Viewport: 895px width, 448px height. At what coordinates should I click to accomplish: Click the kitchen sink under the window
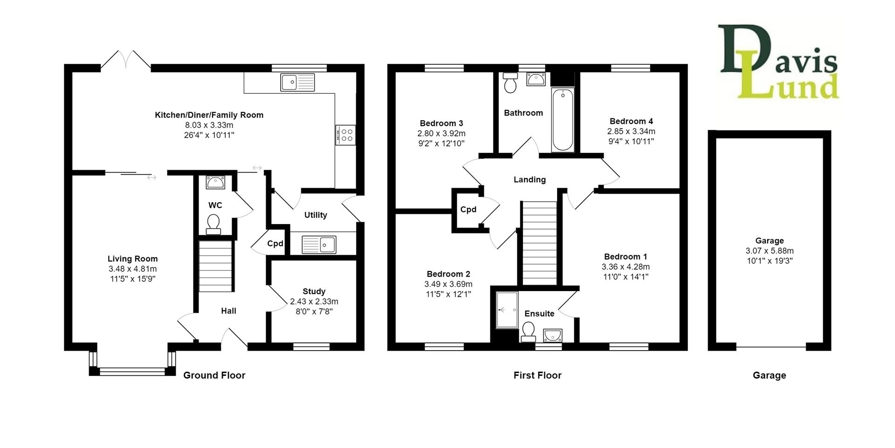(x=297, y=82)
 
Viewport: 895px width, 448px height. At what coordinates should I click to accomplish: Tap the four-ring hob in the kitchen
(x=345, y=135)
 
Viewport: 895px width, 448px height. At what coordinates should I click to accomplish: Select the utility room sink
(x=319, y=244)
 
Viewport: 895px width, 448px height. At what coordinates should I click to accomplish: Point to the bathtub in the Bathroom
(x=563, y=120)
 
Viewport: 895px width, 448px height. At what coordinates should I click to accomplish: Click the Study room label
(x=314, y=292)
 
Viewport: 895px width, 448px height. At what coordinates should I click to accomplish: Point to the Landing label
(x=530, y=180)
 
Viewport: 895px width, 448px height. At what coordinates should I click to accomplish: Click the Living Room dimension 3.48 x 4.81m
(x=132, y=269)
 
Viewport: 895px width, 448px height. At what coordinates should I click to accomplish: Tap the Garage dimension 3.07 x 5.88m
(x=769, y=251)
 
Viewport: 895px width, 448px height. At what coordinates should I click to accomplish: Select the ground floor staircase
(x=215, y=265)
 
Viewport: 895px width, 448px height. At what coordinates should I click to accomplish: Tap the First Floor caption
(x=537, y=375)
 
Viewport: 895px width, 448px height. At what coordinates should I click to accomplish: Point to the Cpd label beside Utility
(x=275, y=244)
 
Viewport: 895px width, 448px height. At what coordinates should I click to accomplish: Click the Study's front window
(x=311, y=346)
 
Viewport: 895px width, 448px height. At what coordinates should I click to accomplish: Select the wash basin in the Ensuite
(x=552, y=335)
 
